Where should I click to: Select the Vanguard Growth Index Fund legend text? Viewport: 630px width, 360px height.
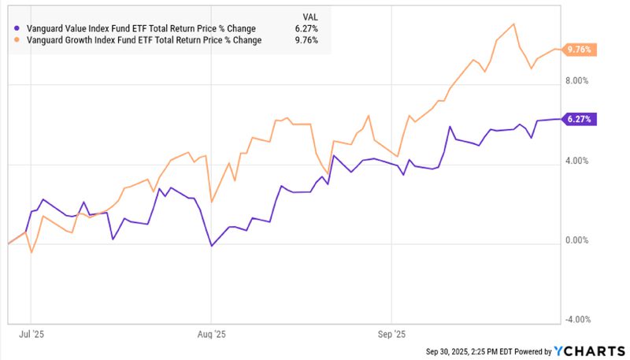coord(144,40)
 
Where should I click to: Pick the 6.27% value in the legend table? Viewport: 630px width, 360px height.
coord(306,29)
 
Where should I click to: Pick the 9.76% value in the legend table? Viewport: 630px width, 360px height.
coord(306,40)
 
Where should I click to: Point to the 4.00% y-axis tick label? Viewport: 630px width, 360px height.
coord(578,161)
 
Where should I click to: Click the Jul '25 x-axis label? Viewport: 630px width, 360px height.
coord(31,334)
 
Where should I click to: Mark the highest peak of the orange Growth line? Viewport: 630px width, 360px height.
coord(513,24)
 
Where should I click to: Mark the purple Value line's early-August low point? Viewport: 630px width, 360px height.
coord(212,247)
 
